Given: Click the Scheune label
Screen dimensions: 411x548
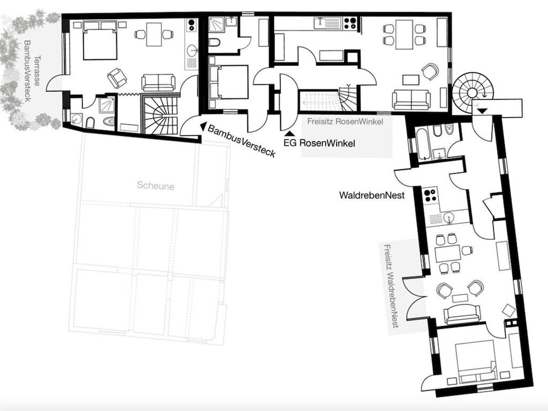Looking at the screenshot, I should point(156,186).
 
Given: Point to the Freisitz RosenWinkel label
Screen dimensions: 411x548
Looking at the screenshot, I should point(344,121).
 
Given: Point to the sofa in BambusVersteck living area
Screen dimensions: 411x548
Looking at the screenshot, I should point(158,82).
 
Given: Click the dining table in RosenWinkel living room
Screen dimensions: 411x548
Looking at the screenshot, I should point(404,33).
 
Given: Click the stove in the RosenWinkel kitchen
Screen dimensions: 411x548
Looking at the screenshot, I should point(349,23).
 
